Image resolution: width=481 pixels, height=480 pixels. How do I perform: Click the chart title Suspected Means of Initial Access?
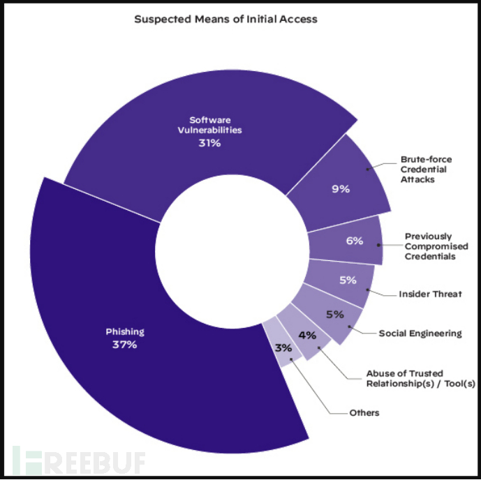click(225, 19)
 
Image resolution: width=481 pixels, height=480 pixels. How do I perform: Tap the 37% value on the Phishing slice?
click(124, 345)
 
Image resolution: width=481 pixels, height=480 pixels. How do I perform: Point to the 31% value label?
click(209, 143)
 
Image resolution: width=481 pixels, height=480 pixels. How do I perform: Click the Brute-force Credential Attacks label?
click(426, 170)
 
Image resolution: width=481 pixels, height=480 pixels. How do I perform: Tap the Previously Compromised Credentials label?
click(436, 246)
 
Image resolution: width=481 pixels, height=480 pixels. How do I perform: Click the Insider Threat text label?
click(430, 294)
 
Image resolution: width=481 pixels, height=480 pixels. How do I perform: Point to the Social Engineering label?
click(420, 333)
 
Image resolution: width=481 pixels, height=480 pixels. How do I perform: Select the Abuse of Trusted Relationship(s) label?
click(420, 378)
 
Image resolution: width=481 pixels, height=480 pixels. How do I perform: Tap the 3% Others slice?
click(282, 343)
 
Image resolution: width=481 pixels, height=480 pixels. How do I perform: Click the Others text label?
click(364, 413)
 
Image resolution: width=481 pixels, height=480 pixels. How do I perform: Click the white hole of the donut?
click(232, 251)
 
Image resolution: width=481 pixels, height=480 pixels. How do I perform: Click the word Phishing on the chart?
click(125, 331)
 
